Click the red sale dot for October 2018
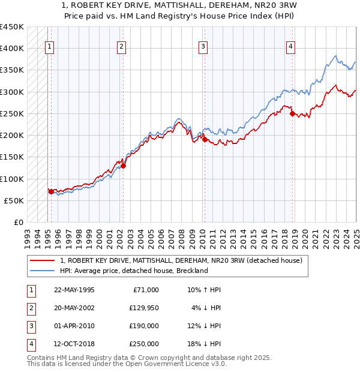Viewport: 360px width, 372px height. pyautogui.click(x=292, y=113)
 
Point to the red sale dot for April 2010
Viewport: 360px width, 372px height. pyautogui.click(x=204, y=139)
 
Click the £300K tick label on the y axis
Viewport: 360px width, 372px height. pyautogui.click(x=11, y=92)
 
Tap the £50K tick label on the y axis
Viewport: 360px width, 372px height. pyautogui.click(x=14, y=200)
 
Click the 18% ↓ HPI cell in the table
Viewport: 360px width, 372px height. pyautogui.click(x=203, y=344)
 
